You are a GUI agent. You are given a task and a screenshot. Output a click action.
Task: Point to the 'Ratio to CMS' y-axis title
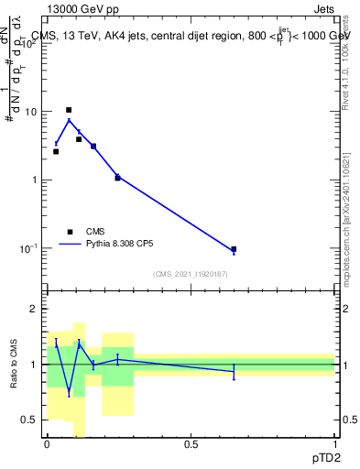point(13,365)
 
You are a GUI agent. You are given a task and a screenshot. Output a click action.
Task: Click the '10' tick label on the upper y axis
point(30,112)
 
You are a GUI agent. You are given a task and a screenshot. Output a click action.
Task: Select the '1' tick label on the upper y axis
point(34,180)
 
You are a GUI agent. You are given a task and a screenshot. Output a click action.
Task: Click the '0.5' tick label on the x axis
point(191,444)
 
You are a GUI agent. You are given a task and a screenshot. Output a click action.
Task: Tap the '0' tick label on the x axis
point(47,444)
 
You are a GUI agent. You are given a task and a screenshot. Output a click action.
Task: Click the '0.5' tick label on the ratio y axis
point(29,420)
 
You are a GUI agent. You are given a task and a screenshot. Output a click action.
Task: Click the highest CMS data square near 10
point(69,110)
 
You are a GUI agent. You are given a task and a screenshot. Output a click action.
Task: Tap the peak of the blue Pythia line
point(69,120)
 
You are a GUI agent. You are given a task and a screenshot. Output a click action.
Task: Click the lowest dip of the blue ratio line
point(69,392)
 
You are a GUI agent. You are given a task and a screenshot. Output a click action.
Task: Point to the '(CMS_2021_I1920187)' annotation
point(190,274)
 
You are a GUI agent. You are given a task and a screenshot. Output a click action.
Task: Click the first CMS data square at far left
point(56,151)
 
